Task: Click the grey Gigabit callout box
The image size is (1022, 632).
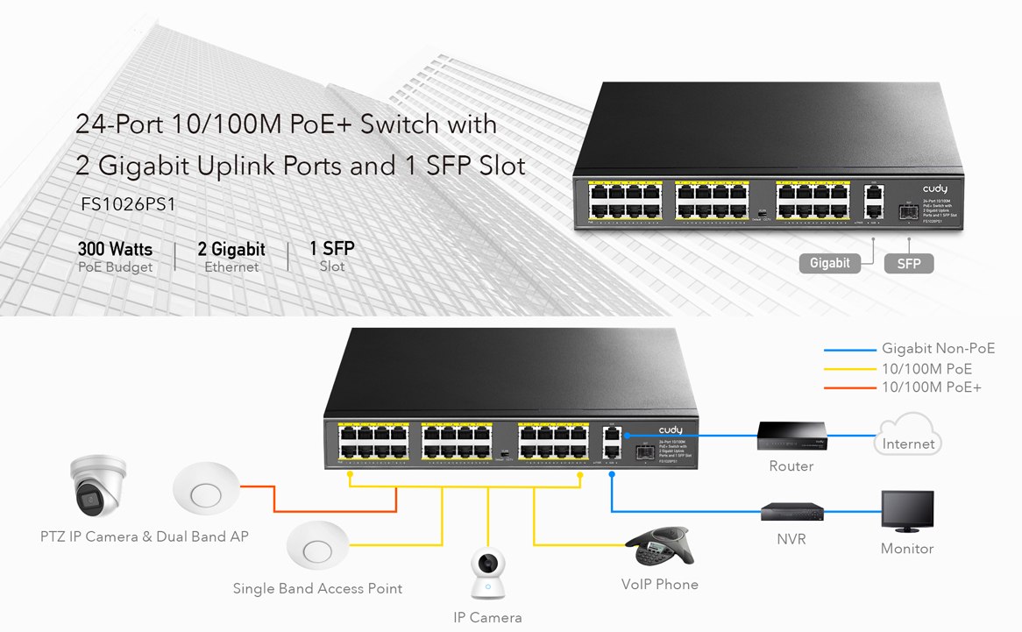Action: click(x=830, y=263)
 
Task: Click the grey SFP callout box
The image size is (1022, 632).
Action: click(x=909, y=263)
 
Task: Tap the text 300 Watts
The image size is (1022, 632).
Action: click(x=115, y=250)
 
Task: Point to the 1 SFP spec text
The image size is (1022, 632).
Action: click(x=332, y=250)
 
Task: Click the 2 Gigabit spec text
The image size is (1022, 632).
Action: click(x=231, y=250)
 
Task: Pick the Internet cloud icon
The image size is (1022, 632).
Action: click(x=908, y=437)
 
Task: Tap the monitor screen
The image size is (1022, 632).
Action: click(x=907, y=508)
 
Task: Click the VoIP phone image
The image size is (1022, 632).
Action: click(x=658, y=548)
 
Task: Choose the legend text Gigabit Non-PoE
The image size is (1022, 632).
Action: click(x=938, y=349)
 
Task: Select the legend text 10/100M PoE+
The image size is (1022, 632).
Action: click(x=932, y=387)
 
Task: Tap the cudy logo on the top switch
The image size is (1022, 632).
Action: click(x=934, y=189)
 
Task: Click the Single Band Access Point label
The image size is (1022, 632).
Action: click(x=317, y=588)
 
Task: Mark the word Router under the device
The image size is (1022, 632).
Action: click(x=791, y=466)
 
